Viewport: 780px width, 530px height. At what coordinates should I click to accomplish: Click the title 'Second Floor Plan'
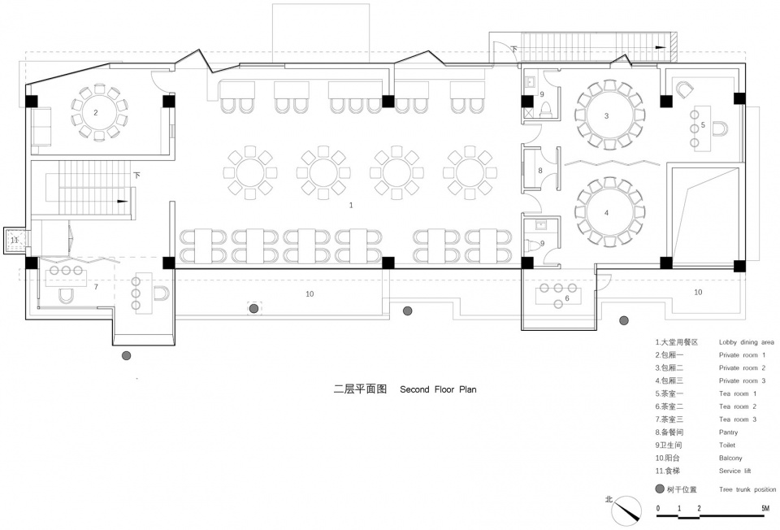pos(438,389)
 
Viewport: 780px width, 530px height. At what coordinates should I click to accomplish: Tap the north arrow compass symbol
pos(626,510)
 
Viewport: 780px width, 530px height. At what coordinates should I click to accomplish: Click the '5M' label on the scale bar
pos(765,508)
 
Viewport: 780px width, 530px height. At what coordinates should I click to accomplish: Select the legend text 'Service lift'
pos(734,471)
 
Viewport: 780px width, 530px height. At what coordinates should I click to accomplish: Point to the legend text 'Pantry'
pos(728,432)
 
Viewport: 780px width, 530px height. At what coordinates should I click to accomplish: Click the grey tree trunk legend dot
pos(660,489)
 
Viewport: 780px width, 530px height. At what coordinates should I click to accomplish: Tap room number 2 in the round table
pos(96,112)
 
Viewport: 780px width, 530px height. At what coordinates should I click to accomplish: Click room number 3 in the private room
pos(606,116)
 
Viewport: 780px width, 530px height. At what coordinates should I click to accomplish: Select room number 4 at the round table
pos(606,213)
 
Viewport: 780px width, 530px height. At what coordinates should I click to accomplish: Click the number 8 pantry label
pos(540,171)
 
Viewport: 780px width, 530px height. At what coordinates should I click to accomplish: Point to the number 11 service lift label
pos(15,240)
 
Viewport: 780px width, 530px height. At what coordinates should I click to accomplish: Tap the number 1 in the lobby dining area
pos(351,205)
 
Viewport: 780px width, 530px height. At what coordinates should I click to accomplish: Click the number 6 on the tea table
pos(566,298)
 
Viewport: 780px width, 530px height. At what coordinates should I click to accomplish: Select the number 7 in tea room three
pos(96,287)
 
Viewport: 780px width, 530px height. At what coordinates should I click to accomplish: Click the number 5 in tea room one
pos(703,125)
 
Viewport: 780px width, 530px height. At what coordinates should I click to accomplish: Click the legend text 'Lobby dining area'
pos(746,342)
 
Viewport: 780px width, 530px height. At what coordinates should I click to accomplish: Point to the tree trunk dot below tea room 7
pos(127,355)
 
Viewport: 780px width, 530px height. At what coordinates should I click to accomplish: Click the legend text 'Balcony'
pos(730,458)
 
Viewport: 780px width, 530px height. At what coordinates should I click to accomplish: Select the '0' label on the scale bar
pos(658,508)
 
